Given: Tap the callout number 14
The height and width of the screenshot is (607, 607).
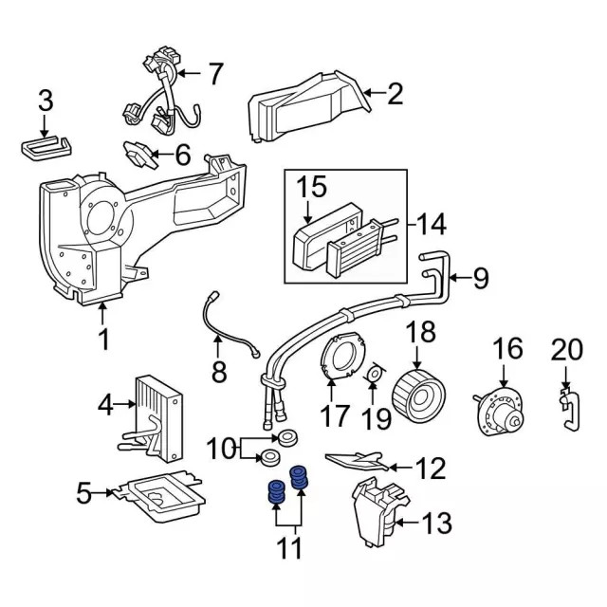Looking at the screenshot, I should point(430,225).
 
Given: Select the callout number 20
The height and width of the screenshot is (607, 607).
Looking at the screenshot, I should point(565,349).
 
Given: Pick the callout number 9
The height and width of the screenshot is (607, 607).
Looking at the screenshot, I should point(480,278).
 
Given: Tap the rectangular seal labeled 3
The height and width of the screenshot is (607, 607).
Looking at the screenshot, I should point(44,149).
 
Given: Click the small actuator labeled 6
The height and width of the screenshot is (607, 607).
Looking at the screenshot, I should point(140,152).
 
